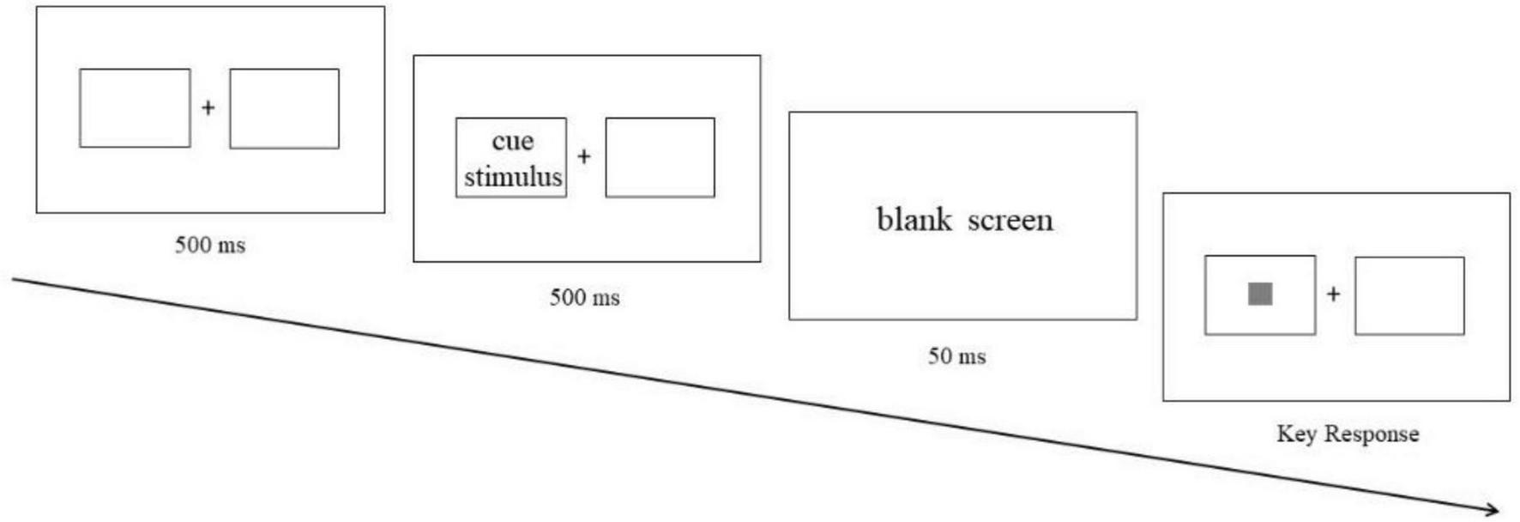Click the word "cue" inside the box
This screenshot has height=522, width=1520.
click(512, 141)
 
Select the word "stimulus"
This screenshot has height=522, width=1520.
click(513, 177)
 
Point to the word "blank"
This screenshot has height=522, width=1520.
click(914, 220)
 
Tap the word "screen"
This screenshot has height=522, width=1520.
click(1010, 221)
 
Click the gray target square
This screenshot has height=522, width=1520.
click(1259, 294)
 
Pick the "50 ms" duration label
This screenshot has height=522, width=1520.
click(956, 355)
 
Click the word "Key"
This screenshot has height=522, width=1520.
click(1295, 434)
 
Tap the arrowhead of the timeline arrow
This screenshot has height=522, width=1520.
click(1493, 509)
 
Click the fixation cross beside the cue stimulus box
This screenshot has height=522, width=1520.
click(584, 156)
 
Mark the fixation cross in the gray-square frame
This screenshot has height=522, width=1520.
click(1333, 294)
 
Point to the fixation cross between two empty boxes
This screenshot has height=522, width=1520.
click(208, 107)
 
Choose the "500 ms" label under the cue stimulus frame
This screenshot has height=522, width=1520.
click(584, 297)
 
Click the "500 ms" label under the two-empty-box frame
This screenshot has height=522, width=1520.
click(210, 245)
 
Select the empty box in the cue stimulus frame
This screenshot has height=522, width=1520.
click(660, 158)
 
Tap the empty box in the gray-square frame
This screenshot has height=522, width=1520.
click(1408, 295)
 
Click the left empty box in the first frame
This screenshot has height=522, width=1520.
click(135, 108)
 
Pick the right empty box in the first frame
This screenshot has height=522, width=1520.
click(284, 109)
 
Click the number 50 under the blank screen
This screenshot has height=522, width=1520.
click(939, 355)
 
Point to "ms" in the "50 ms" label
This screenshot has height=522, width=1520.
click(971, 356)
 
